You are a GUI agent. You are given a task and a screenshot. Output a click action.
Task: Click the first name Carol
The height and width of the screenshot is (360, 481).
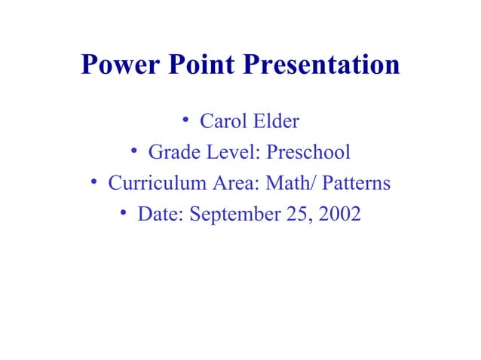tap(224, 121)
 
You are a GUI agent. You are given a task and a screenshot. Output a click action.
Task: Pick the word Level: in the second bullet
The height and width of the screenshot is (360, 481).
tap(230, 153)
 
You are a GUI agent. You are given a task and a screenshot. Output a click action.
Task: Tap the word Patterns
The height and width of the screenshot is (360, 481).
tap(357, 184)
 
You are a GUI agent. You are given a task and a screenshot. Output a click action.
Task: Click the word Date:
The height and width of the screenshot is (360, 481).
tap(161, 215)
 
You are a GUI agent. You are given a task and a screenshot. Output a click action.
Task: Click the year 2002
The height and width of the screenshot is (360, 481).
tap(340, 215)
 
